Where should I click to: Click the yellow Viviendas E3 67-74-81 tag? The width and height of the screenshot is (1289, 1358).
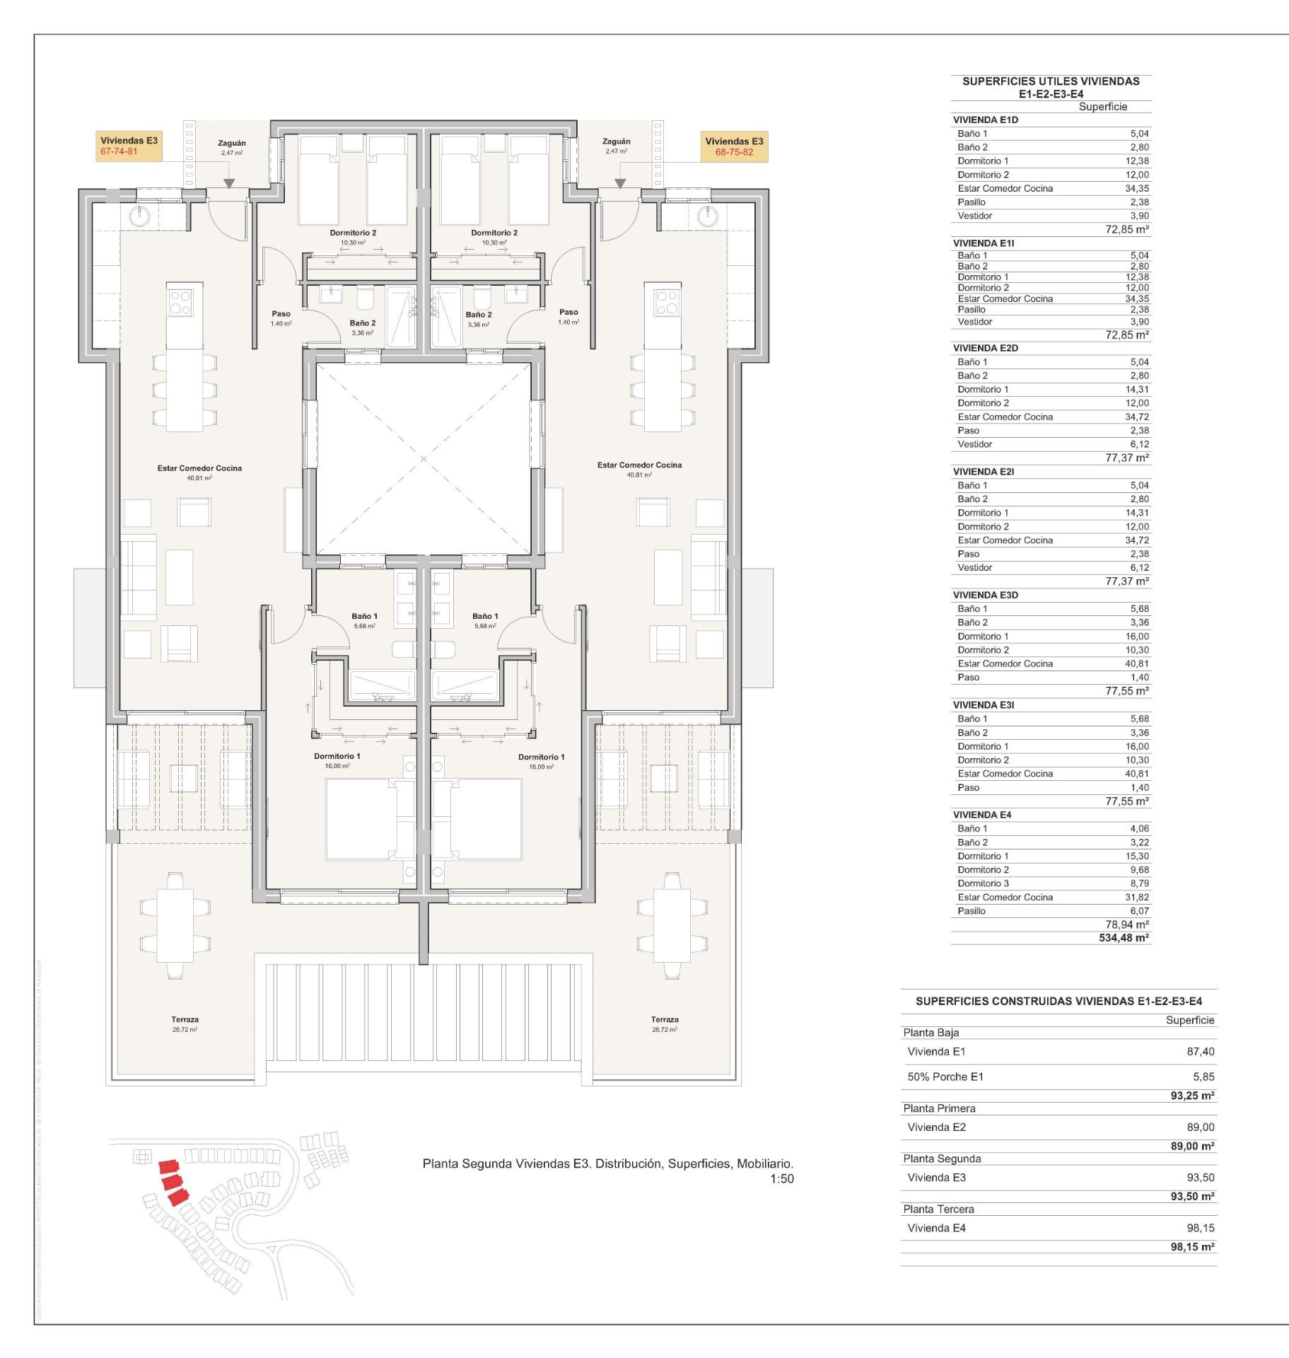tap(129, 146)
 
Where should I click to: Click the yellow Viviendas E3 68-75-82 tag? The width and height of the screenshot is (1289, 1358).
tap(734, 146)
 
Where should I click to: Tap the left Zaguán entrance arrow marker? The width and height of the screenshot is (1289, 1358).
tap(229, 184)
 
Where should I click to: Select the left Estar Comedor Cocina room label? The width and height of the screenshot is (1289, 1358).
tap(199, 468)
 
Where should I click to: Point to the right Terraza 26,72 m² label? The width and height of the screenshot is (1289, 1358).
tap(665, 1023)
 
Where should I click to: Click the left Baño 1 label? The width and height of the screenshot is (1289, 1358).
tap(364, 617)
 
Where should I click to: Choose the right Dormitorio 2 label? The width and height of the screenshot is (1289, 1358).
tap(494, 233)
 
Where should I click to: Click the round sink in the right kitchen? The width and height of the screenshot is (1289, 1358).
tap(707, 216)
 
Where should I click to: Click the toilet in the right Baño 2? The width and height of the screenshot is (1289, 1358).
tap(483, 297)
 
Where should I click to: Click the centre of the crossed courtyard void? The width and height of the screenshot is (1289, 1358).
tap(424, 459)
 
